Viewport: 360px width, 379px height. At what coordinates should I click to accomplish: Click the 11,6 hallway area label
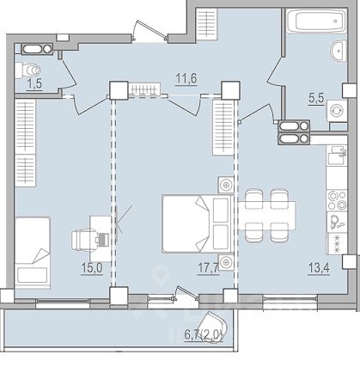pos(186,78)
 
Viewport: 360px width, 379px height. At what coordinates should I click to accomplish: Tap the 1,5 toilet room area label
pos(34,84)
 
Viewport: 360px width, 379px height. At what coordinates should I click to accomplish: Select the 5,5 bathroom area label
pos(316,98)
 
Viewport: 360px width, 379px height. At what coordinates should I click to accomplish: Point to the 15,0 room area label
pos(92,268)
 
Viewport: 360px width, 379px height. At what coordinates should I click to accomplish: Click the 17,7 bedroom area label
pos(208,268)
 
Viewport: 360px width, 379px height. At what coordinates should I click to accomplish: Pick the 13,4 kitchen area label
pos(319,268)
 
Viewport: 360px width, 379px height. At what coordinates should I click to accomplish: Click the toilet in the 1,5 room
pos(28,70)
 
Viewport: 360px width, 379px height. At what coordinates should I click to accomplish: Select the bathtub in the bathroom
pos(317,21)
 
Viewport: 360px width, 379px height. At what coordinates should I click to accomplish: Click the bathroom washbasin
pos(339,51)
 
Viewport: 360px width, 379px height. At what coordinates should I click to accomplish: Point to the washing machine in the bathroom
pos(337,111)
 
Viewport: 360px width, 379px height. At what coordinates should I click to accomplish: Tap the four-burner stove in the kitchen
pos(337,200)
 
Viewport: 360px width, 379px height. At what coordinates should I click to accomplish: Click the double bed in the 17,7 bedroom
pos(198,223)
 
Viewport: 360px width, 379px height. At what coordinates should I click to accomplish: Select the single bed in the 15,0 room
pos(33,253)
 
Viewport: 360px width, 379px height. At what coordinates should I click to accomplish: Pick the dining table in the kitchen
pos(267,216)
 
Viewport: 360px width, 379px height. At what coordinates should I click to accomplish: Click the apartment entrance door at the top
pos(149,31)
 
